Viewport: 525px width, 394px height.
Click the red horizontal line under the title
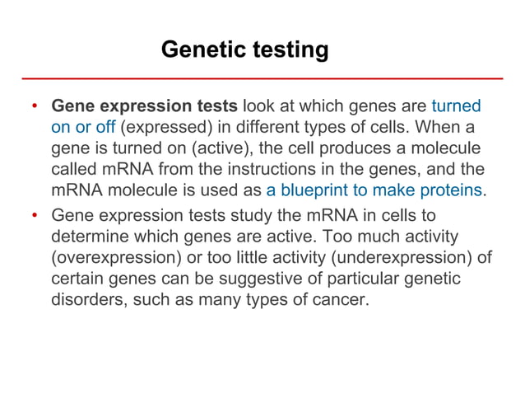click(262, 78)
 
